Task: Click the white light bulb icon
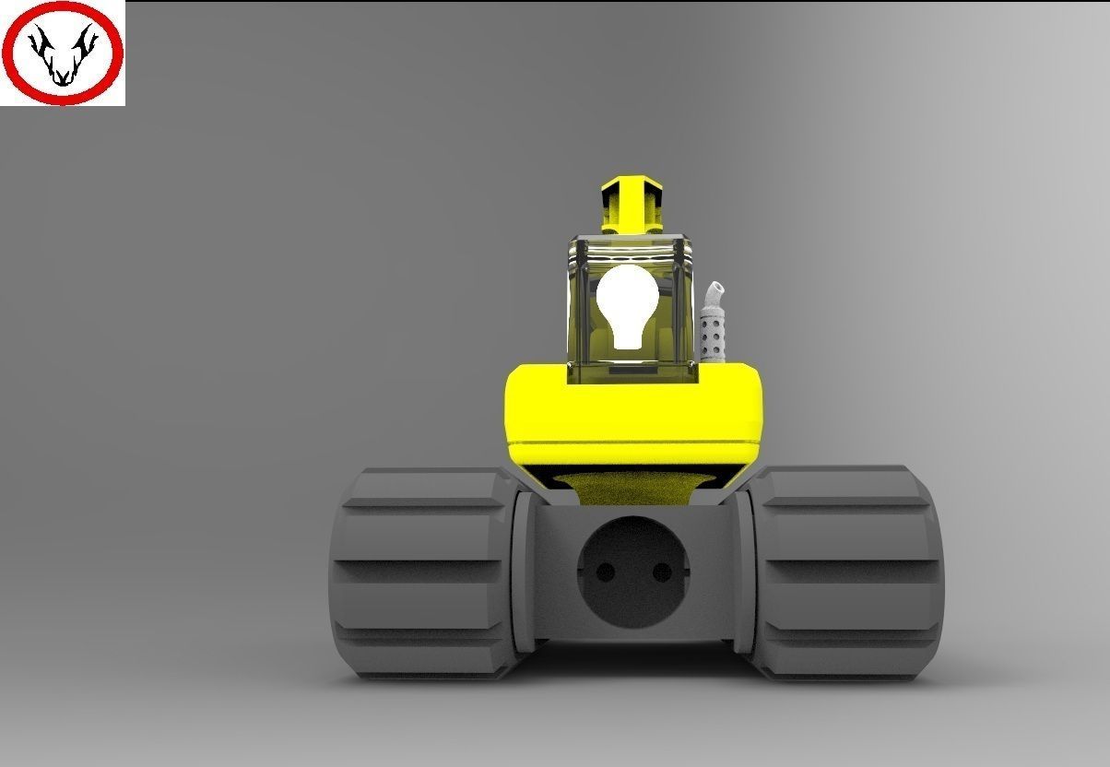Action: (x=627, y=300)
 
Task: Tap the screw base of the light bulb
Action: (x=628, y=337)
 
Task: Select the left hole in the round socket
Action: (x=605, y=572)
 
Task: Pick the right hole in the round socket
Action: (x=662, y=572)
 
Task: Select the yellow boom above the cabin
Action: (x=632, y=205)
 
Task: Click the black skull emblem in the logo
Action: (x=62, y=55)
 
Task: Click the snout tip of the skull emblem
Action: (x=62, y=81)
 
